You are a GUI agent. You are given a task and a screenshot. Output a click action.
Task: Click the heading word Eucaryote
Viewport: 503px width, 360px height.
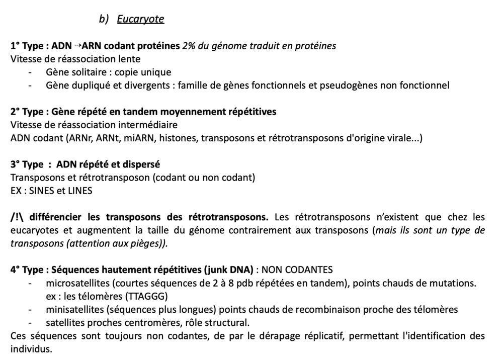tap(140, 19)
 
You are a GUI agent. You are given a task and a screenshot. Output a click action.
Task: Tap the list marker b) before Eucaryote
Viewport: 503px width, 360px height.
tap(104, 19)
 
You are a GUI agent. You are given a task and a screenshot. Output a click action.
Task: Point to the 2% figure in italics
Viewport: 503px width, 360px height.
tap(189, 46)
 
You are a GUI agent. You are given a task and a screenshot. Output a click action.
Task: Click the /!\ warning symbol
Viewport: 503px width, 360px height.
tap(17, 217)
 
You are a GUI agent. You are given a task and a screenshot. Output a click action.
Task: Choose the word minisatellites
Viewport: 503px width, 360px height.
tap(72, 309)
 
